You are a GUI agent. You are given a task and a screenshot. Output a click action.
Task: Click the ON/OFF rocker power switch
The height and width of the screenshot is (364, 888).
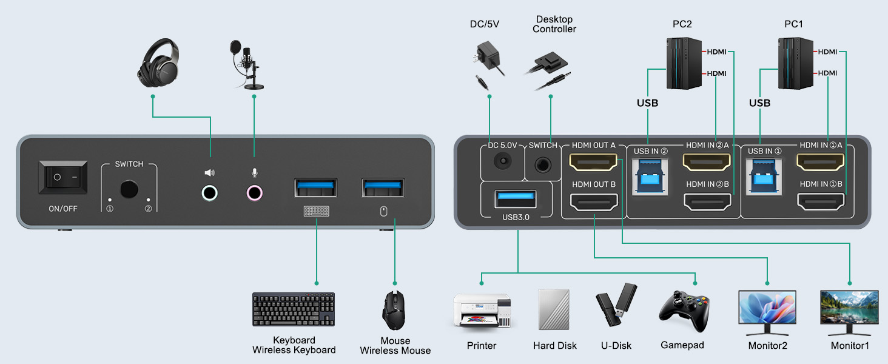click(63, 178)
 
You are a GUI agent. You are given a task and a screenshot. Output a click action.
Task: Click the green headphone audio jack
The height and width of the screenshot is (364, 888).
click(209, 193)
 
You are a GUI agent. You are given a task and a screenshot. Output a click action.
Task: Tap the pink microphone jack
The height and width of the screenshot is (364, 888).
click(255, 193)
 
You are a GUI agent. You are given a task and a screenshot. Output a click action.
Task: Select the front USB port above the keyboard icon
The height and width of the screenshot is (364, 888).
click(316, 187)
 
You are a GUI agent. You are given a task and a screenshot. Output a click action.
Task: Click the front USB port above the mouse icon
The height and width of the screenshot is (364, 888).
click(383, 187)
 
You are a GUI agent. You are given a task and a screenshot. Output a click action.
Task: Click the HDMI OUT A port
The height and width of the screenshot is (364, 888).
click(594, 162)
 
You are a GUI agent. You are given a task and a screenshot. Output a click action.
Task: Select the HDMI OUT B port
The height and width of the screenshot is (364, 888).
click(594, 202)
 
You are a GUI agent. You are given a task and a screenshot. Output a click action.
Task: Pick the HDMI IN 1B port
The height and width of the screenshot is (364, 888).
click(821, 201)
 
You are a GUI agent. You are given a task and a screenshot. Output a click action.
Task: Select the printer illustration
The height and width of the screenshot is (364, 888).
click(482, 310)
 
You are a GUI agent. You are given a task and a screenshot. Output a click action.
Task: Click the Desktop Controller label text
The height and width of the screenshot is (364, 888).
click(554, 24)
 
